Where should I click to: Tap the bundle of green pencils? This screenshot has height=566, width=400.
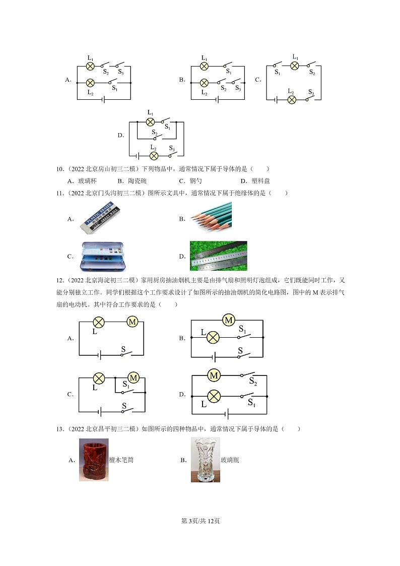[212, 217]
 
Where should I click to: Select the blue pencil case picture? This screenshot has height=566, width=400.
[103, 256]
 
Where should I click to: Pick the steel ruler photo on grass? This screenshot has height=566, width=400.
[218, 256]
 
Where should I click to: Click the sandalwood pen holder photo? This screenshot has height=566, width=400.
[93, 460]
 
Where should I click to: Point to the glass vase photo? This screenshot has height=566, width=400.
[205, 460]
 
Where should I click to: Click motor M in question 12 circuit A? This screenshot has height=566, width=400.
[132, 322]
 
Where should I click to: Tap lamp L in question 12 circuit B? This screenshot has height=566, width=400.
[213, 337]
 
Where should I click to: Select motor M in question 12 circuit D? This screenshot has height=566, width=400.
[214, 375]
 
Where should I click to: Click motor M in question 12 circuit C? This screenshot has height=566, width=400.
[134, 378]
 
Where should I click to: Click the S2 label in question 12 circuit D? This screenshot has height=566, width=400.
[252, 384]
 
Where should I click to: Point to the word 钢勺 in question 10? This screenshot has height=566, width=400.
[196, 181]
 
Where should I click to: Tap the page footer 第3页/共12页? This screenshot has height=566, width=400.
[200, 521]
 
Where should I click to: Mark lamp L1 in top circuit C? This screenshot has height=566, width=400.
[295, 66]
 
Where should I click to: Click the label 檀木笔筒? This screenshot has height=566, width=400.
[121, 460]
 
